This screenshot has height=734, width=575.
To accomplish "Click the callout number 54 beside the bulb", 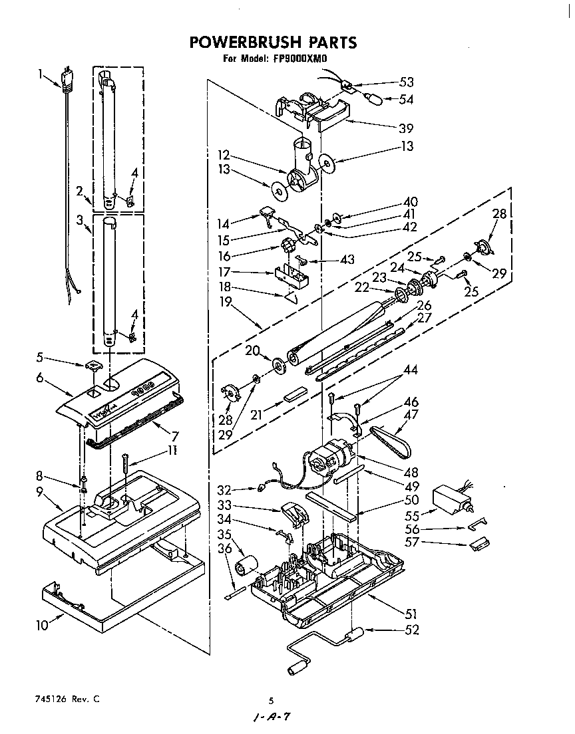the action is pos(406,99).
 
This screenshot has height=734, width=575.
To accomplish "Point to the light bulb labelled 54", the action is pos(375,98).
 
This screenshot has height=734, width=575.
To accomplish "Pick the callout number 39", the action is pos(406,128).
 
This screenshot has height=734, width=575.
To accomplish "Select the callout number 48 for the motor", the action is pos(411,472).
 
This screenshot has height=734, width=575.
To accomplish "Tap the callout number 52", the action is pos(412,630).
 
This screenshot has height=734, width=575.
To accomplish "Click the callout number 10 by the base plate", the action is pos(42,625).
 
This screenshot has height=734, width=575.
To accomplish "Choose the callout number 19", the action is pos(226,301).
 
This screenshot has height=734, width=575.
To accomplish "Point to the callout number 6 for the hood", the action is pos(41,377).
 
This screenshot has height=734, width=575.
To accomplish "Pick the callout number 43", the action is pos(347,259).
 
